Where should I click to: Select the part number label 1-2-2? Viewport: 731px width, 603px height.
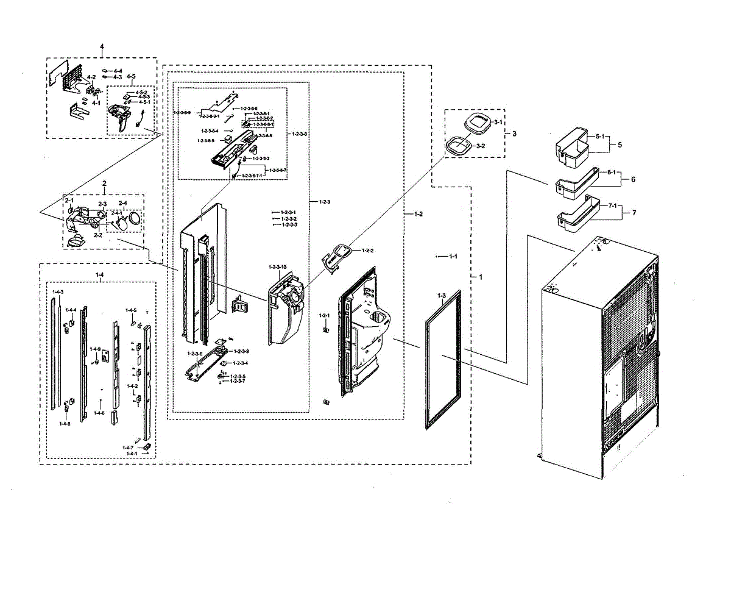pyautogui.click(x=367, y=251)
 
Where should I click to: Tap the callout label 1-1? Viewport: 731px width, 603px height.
pyautogui.click(x=453, y=257)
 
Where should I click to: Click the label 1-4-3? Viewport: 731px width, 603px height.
pyautogui.click(x=58, y=293)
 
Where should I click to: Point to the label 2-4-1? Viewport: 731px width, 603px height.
pyautogui.click(x=116, y=213)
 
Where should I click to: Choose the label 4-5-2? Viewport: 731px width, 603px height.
pyautogui.click(x=142, y=93)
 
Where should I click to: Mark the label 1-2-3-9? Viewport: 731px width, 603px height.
pyautogui.click(x=241, y=352)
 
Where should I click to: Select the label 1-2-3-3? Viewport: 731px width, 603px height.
pyautogui.click(x=289, y=225)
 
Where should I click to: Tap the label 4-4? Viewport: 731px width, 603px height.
pyautogui.click(x=118, y=71)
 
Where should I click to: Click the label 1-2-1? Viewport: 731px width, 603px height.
pyautogui.click(x=324, y=315)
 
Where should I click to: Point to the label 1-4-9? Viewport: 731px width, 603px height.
pyautogui.click(x=96, y=349)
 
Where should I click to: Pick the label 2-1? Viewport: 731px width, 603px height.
pyautogui.click(x=69, y=200)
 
